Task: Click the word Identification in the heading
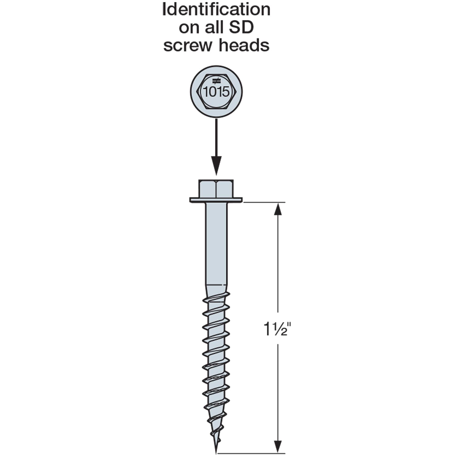(216, 9)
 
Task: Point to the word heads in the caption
(244, 45)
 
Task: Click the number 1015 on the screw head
(216, 92)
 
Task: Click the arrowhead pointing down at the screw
(216, 166)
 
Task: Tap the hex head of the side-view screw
(216, 188)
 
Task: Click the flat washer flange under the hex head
(216, 200)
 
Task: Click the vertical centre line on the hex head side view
(216, 188)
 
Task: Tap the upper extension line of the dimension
(264, 202)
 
